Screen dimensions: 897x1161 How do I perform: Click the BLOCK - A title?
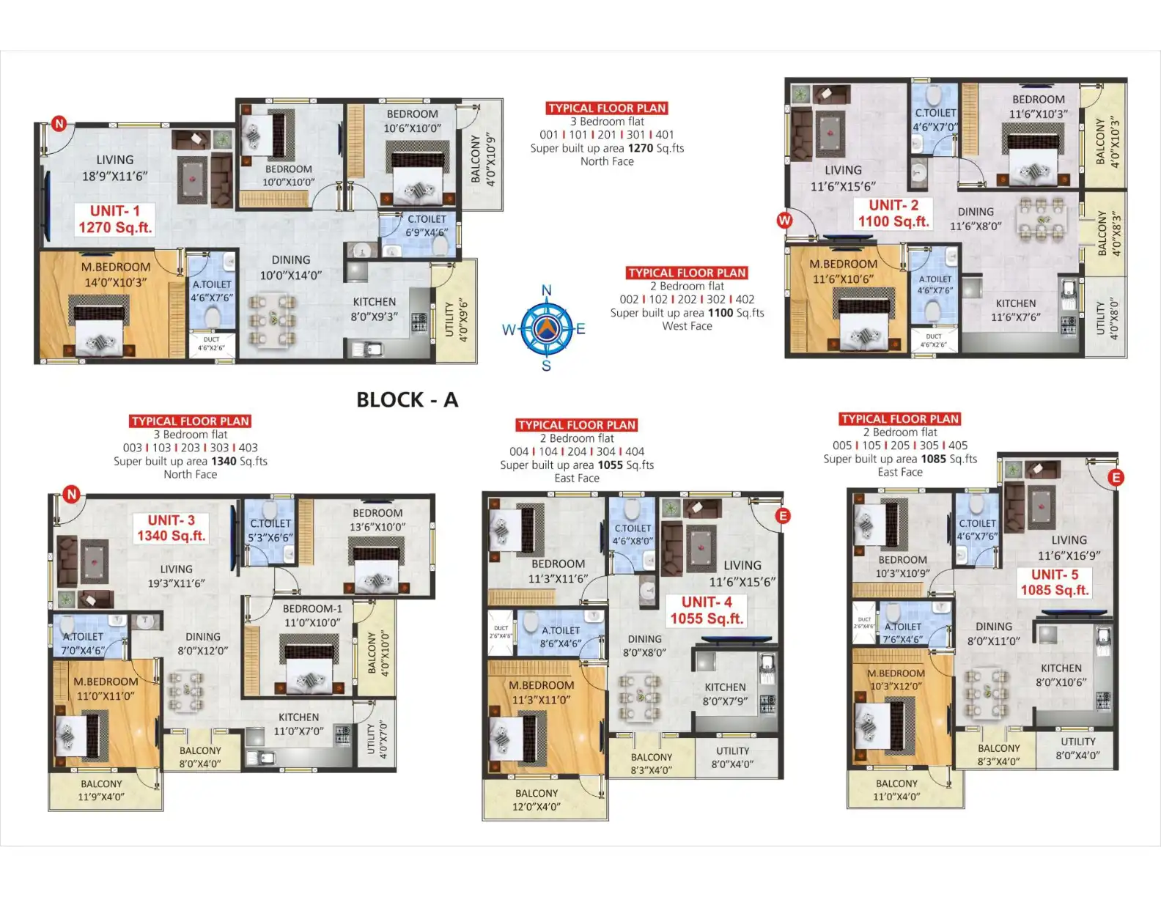pos(407,400)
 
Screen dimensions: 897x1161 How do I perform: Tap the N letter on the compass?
pos(546,291)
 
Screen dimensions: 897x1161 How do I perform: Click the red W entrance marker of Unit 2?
pos(784,220)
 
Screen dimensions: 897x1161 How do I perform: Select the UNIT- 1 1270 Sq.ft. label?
pos(115,219)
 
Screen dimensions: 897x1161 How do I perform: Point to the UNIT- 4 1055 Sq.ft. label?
pos(707,610)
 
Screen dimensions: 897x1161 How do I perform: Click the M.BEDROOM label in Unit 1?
pos(116,267)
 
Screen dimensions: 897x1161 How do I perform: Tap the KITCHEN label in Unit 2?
pos(1015,303)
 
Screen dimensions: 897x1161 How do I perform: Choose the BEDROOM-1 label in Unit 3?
pos(312,609)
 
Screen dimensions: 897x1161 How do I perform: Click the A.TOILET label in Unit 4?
pos(561,630)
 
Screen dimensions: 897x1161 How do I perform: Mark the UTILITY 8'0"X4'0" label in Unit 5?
pos(1077,748)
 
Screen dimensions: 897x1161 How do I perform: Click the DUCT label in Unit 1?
pos(211,339)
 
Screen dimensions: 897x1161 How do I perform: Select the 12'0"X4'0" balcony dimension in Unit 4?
pos(537,807)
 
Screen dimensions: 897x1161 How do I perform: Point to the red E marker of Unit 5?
pos(1116,478)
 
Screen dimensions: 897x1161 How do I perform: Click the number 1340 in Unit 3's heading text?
pos(224,461)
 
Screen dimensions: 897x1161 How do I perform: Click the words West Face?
pos(687,326)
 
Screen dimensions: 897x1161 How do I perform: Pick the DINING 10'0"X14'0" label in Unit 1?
pos(291,267)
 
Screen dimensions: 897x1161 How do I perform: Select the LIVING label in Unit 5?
pos(1069,540)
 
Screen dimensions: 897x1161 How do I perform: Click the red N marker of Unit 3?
pos(71,495)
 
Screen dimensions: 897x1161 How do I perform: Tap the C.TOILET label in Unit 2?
pos(935,113)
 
